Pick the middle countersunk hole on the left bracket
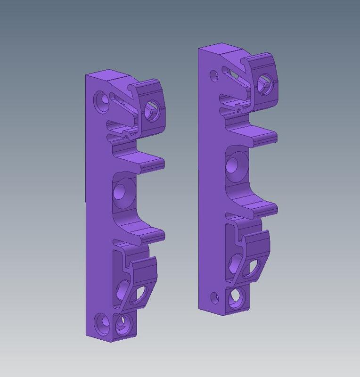pos(121,191)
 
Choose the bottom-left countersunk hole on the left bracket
pos(101,323)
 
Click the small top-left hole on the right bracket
pos(214,75)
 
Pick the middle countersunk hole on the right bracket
pos(233,165)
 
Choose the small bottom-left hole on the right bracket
pos(214,296)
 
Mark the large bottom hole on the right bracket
pos(236,297)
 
